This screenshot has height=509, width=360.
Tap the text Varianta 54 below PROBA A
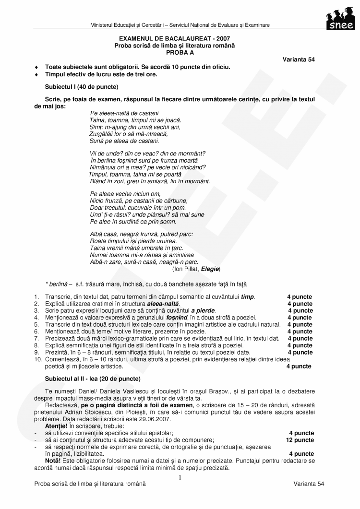click(x=299, y=59)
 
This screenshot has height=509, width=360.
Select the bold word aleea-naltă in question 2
click(x=163, y=304)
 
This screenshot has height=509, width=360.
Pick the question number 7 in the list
click(x=36, y=338)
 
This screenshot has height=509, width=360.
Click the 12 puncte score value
click(x=300, y=440)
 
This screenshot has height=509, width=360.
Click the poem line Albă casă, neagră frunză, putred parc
click(x=141, y=234)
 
